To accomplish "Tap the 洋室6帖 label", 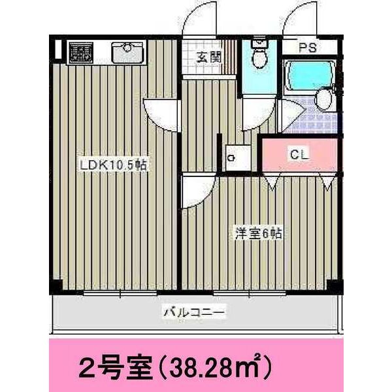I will tap(259, 233).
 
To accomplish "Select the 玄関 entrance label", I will tap(208, 57).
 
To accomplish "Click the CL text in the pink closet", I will tap(299, 155).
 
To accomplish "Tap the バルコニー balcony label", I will tap(194, 313).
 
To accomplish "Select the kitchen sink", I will tap(127, 52).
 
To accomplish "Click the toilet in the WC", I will tap(259, 55).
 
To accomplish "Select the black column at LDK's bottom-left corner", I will tap(56, 285).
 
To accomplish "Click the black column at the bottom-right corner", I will tap(335, 286).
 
